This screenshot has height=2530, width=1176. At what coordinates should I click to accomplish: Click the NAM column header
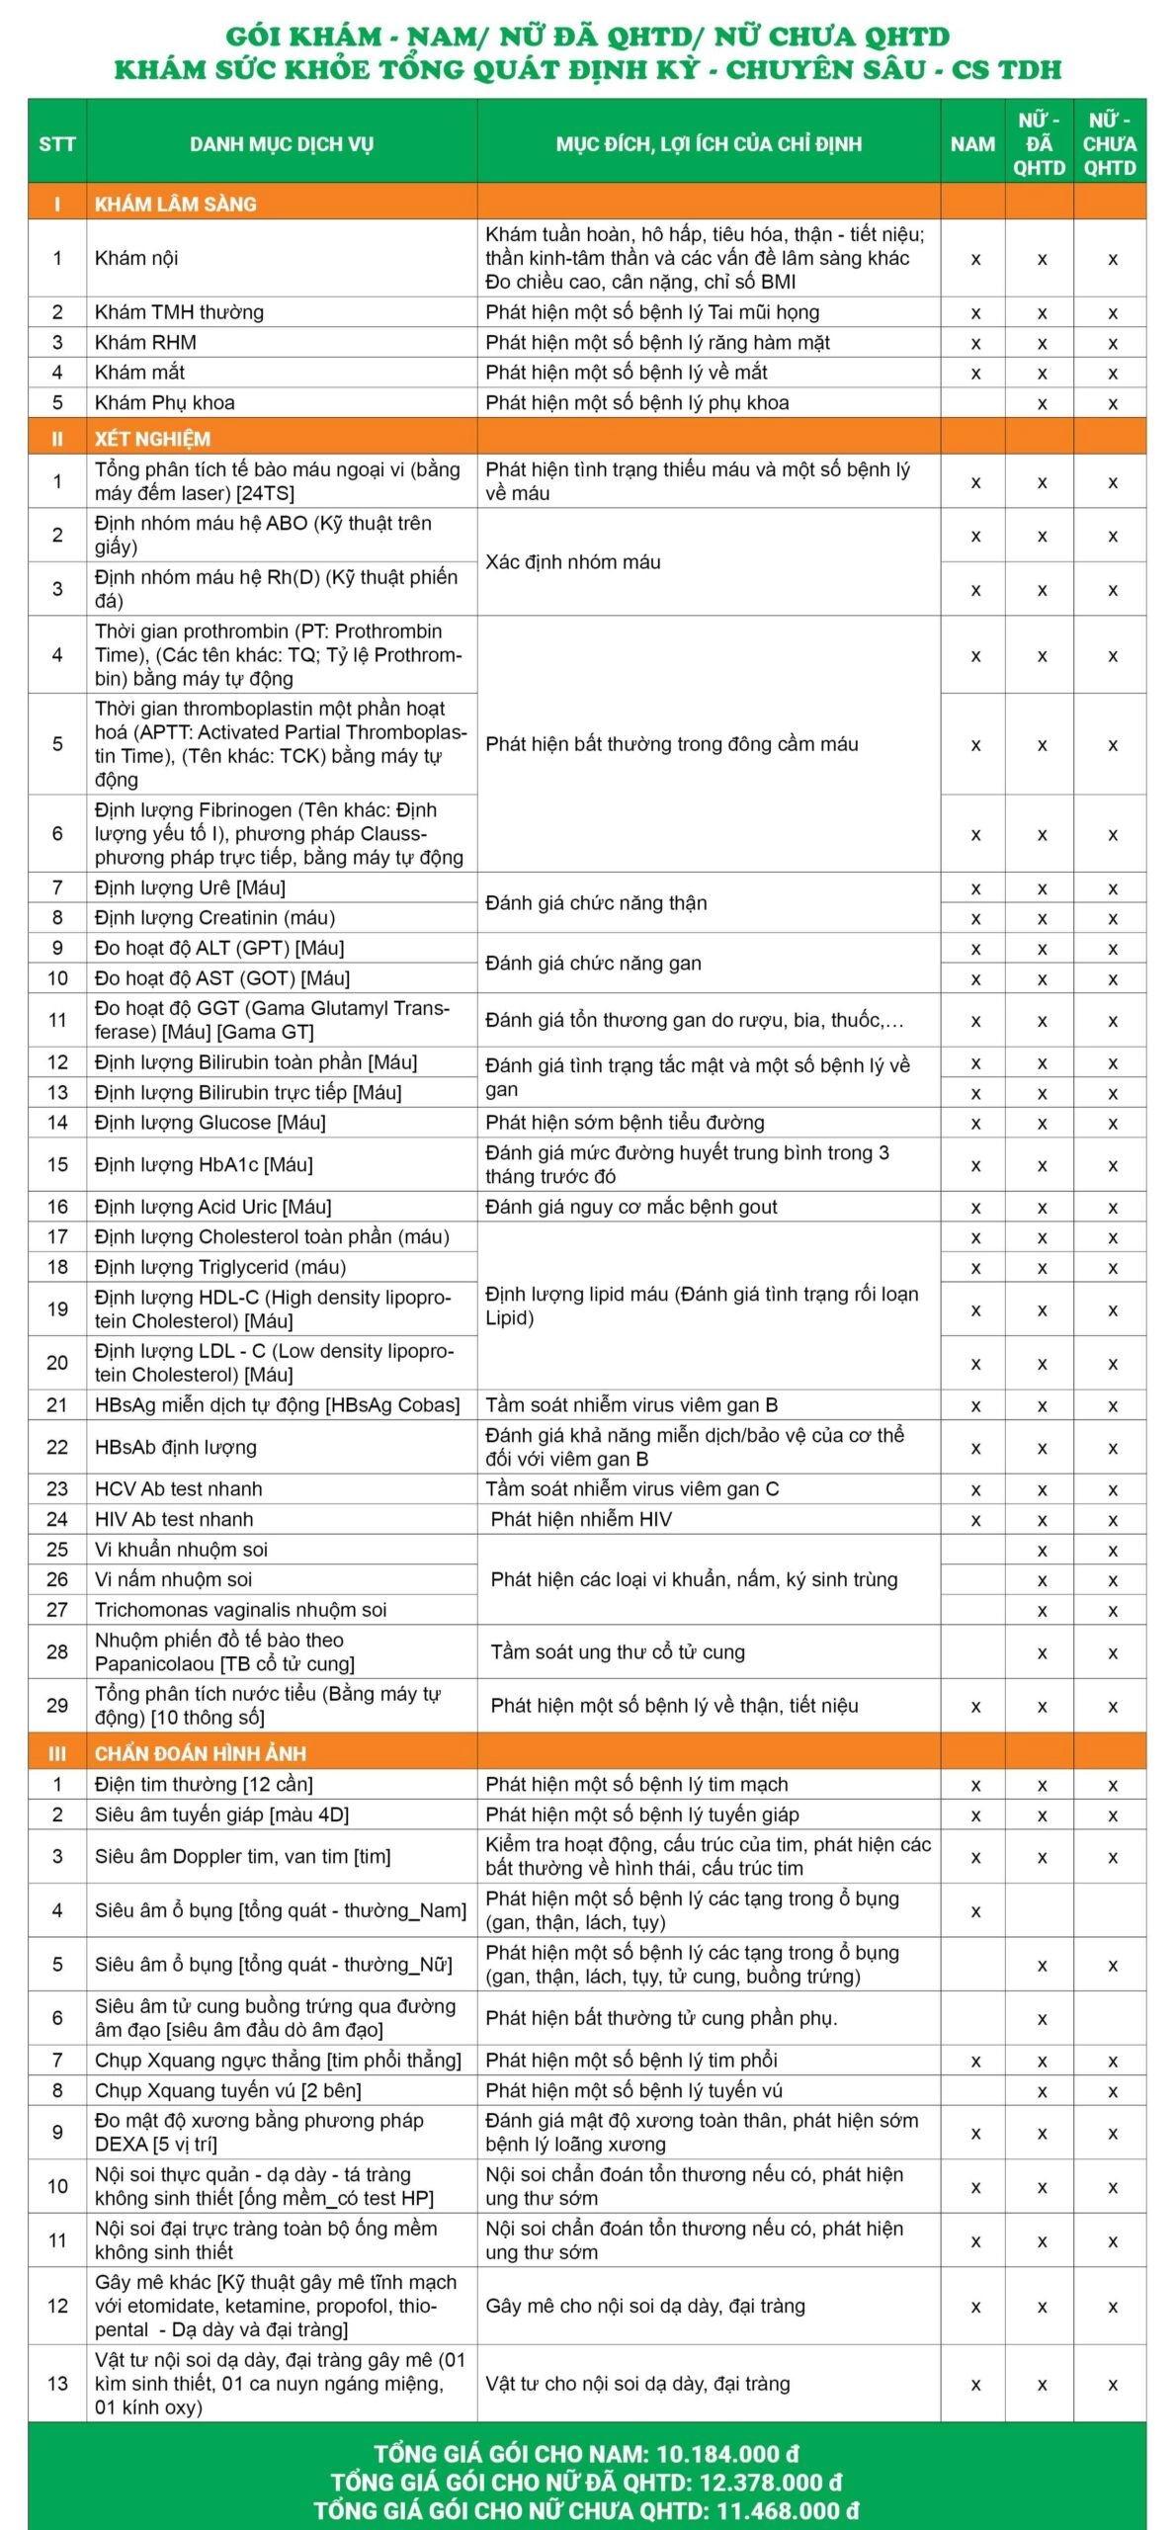tap(972, 144)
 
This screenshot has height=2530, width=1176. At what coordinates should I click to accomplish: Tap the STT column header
tap(57, 144)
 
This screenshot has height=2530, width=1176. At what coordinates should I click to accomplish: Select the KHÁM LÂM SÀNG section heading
tap(175, 205)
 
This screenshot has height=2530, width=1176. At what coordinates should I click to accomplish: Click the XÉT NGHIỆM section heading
tap(152, 439)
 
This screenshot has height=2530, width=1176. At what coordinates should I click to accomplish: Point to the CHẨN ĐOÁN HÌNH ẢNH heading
tap(200, 1753)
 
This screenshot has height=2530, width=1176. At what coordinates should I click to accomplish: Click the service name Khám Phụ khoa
tap(164, 402)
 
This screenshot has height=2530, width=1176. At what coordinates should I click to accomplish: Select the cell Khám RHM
tap(145, 343)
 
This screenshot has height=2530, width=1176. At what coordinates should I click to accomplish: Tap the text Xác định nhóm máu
tap(572, 561)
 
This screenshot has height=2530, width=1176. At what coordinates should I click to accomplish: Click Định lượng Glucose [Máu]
tap(210, 1123)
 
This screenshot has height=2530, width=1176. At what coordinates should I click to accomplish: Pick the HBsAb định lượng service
tap(175, 1447)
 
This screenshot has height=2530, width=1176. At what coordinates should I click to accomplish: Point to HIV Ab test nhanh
tap(174, 1519)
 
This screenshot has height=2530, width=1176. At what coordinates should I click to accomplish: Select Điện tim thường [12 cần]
tap(204, 1784)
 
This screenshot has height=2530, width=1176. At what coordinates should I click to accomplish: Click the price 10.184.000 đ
tap(727, 2453)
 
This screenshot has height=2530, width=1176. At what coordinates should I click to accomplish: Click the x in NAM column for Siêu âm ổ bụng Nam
tap(974, 1911)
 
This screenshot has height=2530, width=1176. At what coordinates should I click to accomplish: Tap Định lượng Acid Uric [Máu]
tap(212, 1207)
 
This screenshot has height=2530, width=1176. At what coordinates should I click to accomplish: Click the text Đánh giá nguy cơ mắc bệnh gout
tap(630, 1207)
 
